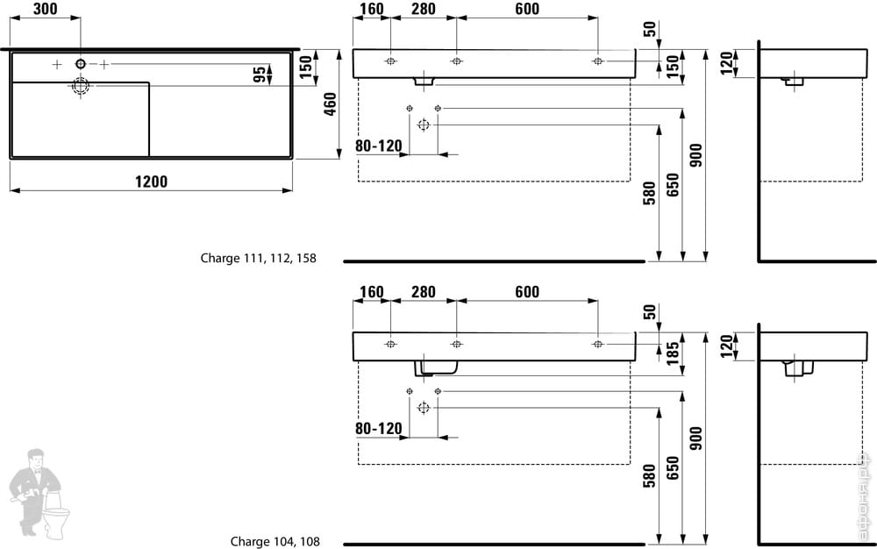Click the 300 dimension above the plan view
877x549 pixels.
point(46,10)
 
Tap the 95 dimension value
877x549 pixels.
point(260,75)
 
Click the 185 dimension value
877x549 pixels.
point(674,353)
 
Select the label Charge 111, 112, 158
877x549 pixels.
point(258,259)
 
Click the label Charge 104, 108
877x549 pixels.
point(275,541)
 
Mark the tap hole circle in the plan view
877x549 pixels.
point(81,64)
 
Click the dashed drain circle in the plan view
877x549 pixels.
point(81,85)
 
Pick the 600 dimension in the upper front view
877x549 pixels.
point(527,10)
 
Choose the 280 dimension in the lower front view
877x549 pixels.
point(424,292)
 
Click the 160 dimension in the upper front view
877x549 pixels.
point(372,10)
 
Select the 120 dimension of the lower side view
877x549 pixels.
point(725,346)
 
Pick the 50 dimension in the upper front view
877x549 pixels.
point(649,29)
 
